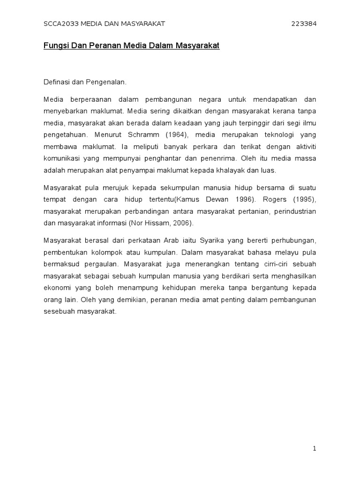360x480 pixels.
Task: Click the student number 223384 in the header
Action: pos(304,24)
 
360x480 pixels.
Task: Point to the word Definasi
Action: pos(56,82)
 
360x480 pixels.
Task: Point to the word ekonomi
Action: pos(56,287)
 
